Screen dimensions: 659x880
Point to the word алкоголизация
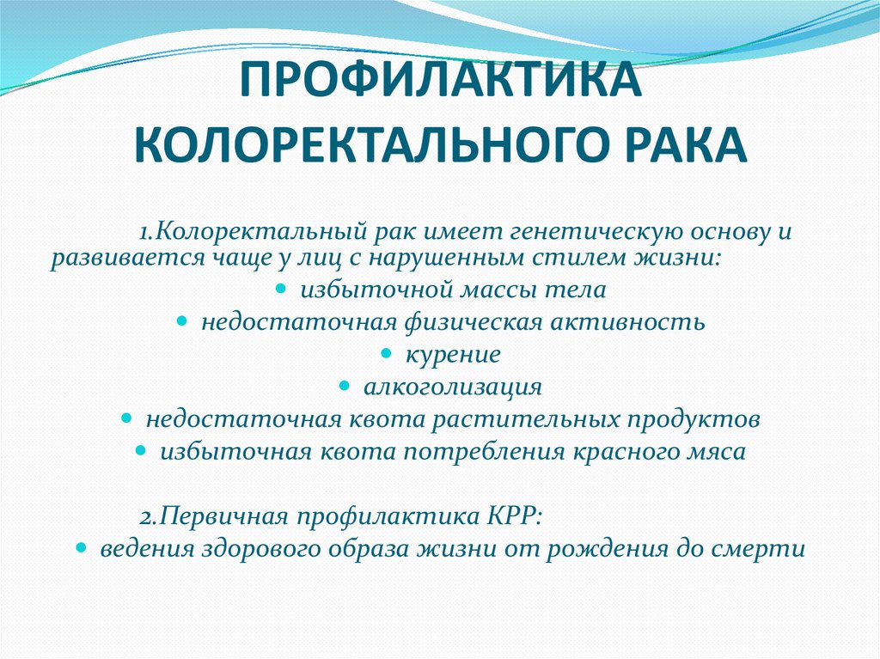453,387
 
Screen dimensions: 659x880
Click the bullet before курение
386,353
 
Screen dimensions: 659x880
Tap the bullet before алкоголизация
345,386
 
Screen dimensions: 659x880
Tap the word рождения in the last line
616,549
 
